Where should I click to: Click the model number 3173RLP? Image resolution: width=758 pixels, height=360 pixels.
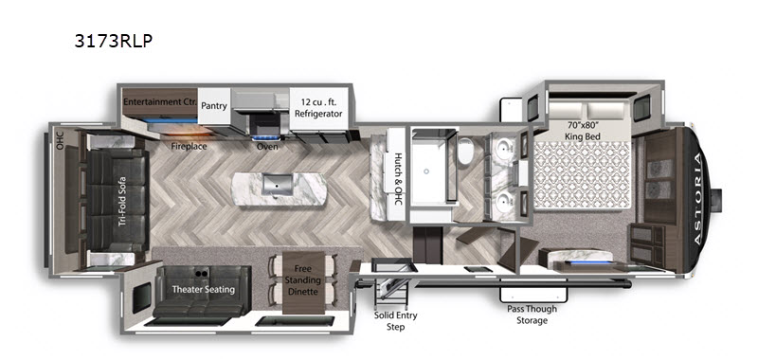pos(113,41)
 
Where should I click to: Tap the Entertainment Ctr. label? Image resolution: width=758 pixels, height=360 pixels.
pos(159,102)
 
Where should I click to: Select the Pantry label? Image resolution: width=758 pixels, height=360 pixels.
pos(214,105)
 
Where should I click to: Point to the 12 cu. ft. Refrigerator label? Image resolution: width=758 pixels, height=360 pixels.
pos(318,108)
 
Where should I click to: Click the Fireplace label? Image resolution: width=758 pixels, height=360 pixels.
pos(189,146)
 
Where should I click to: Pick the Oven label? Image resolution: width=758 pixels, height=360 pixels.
pos(267,146)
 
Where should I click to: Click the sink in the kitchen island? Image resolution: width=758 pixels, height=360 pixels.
pos(278,186)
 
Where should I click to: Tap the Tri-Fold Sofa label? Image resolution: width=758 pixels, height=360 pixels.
pos(122,201)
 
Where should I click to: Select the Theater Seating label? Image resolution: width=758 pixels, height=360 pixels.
pos(204,290)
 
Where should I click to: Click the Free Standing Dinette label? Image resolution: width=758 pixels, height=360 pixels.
pos(303,279)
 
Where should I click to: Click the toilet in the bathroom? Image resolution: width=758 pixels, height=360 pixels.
pos(465,152)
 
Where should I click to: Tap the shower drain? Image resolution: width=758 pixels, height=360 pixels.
pos(426,171)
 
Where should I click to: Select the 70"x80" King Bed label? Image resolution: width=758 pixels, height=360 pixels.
pos(583,132)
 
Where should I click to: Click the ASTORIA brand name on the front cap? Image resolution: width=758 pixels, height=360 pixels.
pos(699,200)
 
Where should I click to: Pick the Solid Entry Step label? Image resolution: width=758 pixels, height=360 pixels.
pos(395,321)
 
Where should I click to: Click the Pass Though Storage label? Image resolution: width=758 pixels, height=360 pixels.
pos(532,315)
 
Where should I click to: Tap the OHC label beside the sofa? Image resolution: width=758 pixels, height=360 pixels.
pos(60,139)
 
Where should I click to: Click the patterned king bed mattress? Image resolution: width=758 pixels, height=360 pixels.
pos(583,176)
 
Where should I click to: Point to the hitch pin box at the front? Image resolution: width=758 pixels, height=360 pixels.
pos(716,200)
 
